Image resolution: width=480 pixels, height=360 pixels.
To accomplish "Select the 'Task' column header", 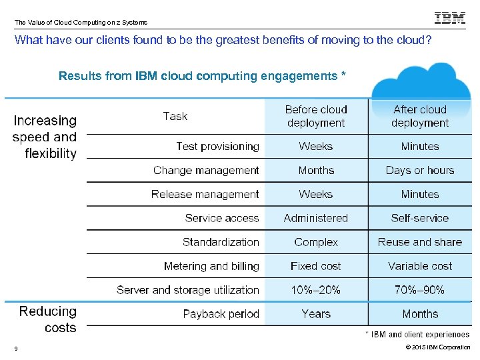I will [x=175, y=116].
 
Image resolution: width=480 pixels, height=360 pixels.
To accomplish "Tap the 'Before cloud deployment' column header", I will [x=316, y=116].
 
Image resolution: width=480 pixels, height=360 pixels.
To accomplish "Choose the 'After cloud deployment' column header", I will [x=420, y=116].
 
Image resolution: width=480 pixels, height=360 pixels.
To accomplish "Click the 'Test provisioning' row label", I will [x=217, y=146].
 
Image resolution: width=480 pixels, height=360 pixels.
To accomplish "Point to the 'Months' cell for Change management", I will [x=316, y=170].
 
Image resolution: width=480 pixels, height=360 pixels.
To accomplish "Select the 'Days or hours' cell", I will [x=420, y=170].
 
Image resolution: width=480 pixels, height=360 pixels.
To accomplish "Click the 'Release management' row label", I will [x=205, y=194].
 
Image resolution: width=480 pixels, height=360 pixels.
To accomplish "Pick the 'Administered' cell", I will [x=316, y=218].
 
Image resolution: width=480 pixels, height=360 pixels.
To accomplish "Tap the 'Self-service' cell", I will [x=420, y=218].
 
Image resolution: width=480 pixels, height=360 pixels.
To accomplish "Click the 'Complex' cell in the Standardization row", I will [x=316, y=242].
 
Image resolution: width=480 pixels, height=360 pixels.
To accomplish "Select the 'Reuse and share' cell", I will [x=420, y=242].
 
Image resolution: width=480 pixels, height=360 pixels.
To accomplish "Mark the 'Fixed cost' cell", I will [x=316, y=266].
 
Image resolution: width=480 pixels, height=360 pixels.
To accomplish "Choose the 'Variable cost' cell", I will [x=420, y=266].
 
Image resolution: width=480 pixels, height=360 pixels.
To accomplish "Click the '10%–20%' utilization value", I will [x=316, y=290].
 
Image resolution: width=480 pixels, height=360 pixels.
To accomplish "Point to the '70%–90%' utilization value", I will [x=420, y=290].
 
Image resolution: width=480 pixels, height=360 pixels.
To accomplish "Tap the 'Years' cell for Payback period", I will [x=316, y=314].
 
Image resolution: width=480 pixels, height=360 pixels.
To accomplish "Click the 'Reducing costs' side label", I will [x=48, y=319].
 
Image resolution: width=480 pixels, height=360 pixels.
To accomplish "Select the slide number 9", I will [x=15, y=347].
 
